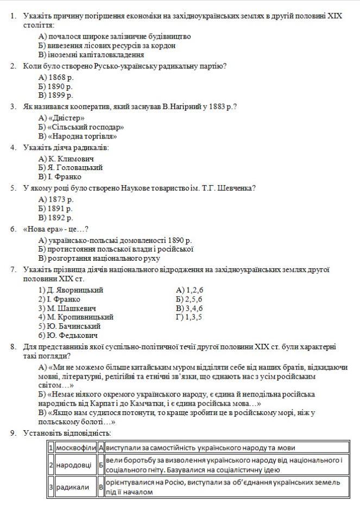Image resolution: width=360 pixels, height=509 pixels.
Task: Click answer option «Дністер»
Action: click(x=62, y=118)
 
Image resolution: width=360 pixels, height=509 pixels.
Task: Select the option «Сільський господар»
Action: click(x=81, y=127)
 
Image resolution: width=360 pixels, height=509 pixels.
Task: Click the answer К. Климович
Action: click(x=66, y=159)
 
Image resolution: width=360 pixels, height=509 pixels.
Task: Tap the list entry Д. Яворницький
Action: click(x=71, y=290)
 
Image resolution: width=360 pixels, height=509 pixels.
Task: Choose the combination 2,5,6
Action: click(x=189, y=299)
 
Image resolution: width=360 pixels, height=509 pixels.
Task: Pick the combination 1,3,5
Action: click(x=189, y=317)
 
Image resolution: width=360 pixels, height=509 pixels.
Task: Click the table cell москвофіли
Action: click(x=75, y=448)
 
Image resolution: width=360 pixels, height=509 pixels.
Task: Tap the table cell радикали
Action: click(x=72, y=487)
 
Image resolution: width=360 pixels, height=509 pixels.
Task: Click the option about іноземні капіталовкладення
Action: click(x=91, y=54)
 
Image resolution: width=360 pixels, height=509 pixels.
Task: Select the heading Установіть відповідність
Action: click(x=67, y=433)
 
